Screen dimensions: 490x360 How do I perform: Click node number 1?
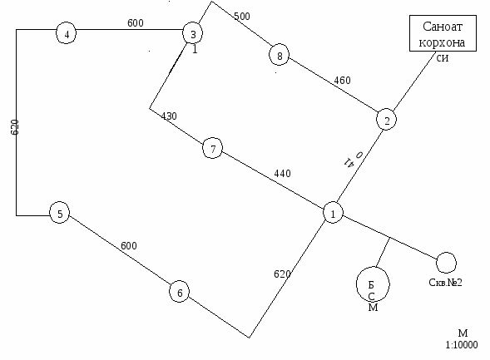pos(333,213)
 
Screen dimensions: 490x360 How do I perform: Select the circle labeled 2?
pos(387,119)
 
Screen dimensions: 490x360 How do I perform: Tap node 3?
pos(193,33)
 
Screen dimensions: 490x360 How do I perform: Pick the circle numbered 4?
pos(67,33)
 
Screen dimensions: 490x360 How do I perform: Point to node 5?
pos(60,213)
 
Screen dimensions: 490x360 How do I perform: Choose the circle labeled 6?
pos(180,292)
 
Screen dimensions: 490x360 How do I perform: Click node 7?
pos(213,148)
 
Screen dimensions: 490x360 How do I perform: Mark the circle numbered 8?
pos(279,55)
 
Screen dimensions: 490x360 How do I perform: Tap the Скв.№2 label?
pos(445,283)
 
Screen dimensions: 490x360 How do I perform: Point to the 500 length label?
pos(242,16)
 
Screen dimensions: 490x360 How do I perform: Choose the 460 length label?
pos(342,81)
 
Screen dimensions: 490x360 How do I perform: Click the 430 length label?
pos(169,116)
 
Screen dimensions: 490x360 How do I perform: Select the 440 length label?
pos(283,173)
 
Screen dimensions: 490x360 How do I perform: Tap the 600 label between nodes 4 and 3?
pos(136,22)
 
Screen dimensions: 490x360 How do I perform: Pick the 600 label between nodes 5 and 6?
pos(129,246)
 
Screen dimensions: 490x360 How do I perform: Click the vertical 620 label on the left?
pos(15,127)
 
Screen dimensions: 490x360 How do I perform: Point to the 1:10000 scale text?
pos(462,345)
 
